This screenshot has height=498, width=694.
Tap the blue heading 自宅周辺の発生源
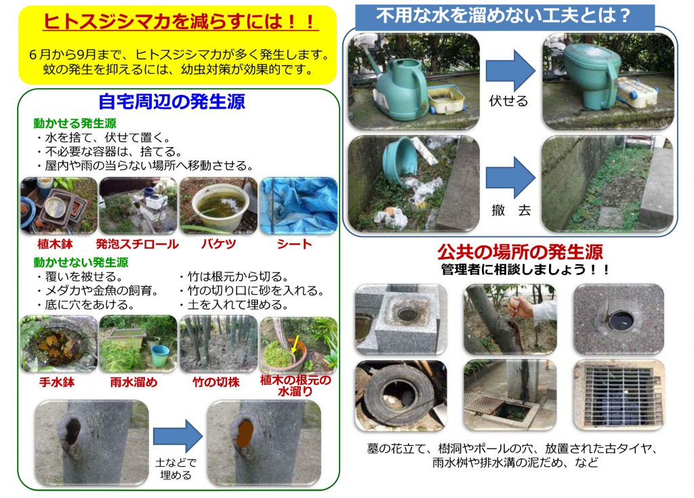[171, 102]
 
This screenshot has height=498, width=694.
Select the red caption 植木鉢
[55, 244]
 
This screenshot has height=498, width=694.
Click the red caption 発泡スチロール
[138, 244]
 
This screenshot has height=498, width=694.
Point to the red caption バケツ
[219, 244]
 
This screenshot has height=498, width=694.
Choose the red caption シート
[295, 244]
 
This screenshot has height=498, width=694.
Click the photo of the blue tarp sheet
[299, 205]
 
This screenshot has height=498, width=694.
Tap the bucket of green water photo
[219, 205]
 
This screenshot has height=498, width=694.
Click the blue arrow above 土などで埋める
[178, 436]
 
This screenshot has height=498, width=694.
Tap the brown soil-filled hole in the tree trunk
[245, 434]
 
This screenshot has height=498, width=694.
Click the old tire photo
[401, 395]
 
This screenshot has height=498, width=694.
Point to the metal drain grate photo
[619, 395]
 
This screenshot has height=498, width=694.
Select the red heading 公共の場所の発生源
[520, 252]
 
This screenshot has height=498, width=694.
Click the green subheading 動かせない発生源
[81, 262]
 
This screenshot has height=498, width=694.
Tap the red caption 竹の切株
[216, 382]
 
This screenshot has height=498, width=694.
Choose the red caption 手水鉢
[57, 382]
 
